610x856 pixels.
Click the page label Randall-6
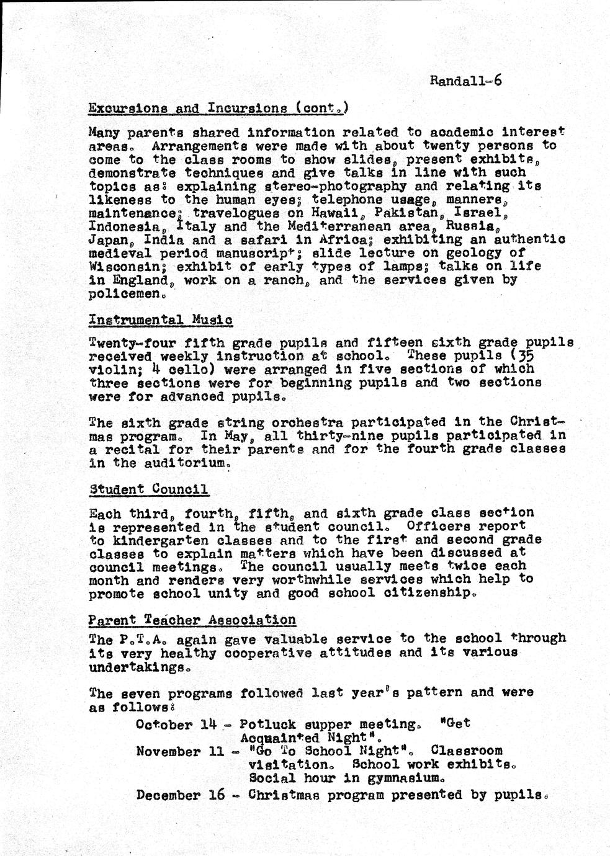465,81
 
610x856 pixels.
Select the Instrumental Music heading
161,320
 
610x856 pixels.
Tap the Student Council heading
148,489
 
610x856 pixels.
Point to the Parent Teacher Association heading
192,620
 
